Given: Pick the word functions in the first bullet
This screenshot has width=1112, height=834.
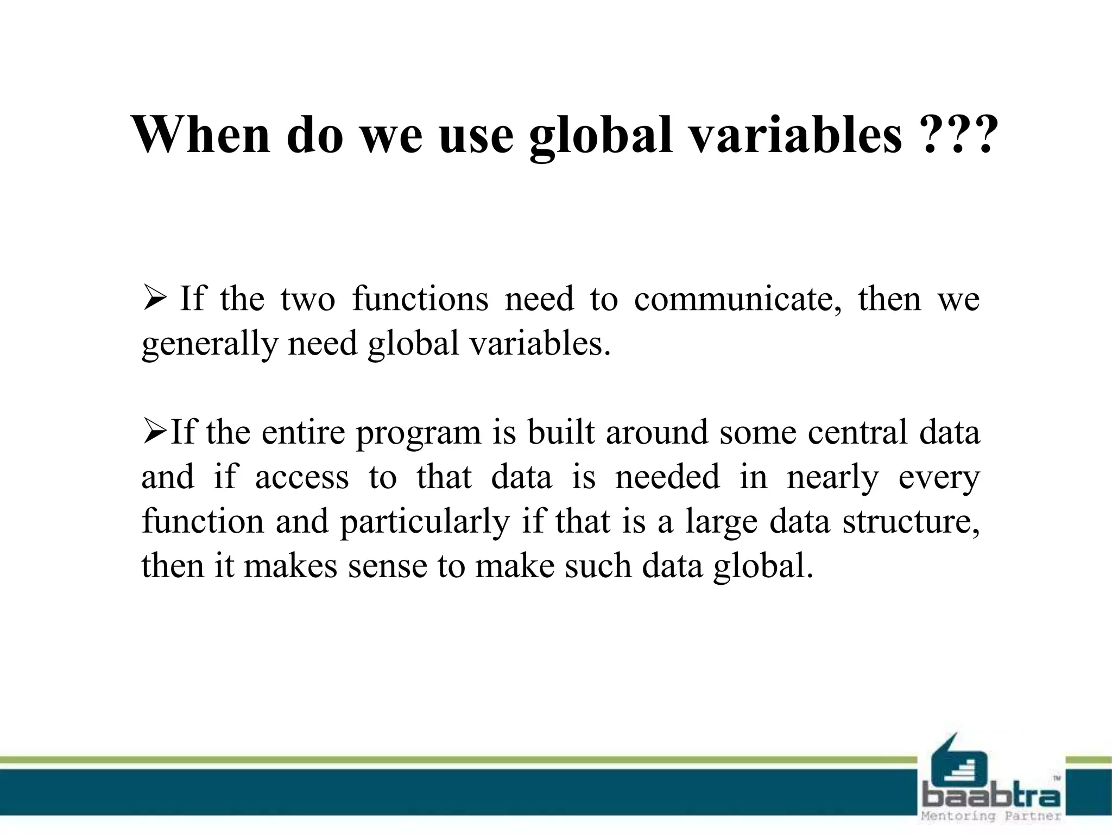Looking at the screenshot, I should (x=420, y=299).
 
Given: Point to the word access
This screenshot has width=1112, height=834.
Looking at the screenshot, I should (x=302, y=477).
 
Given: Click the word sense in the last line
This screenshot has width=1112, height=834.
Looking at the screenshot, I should (x=388, y=566).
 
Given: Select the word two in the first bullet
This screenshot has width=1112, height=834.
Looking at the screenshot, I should (x=308, y=299).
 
